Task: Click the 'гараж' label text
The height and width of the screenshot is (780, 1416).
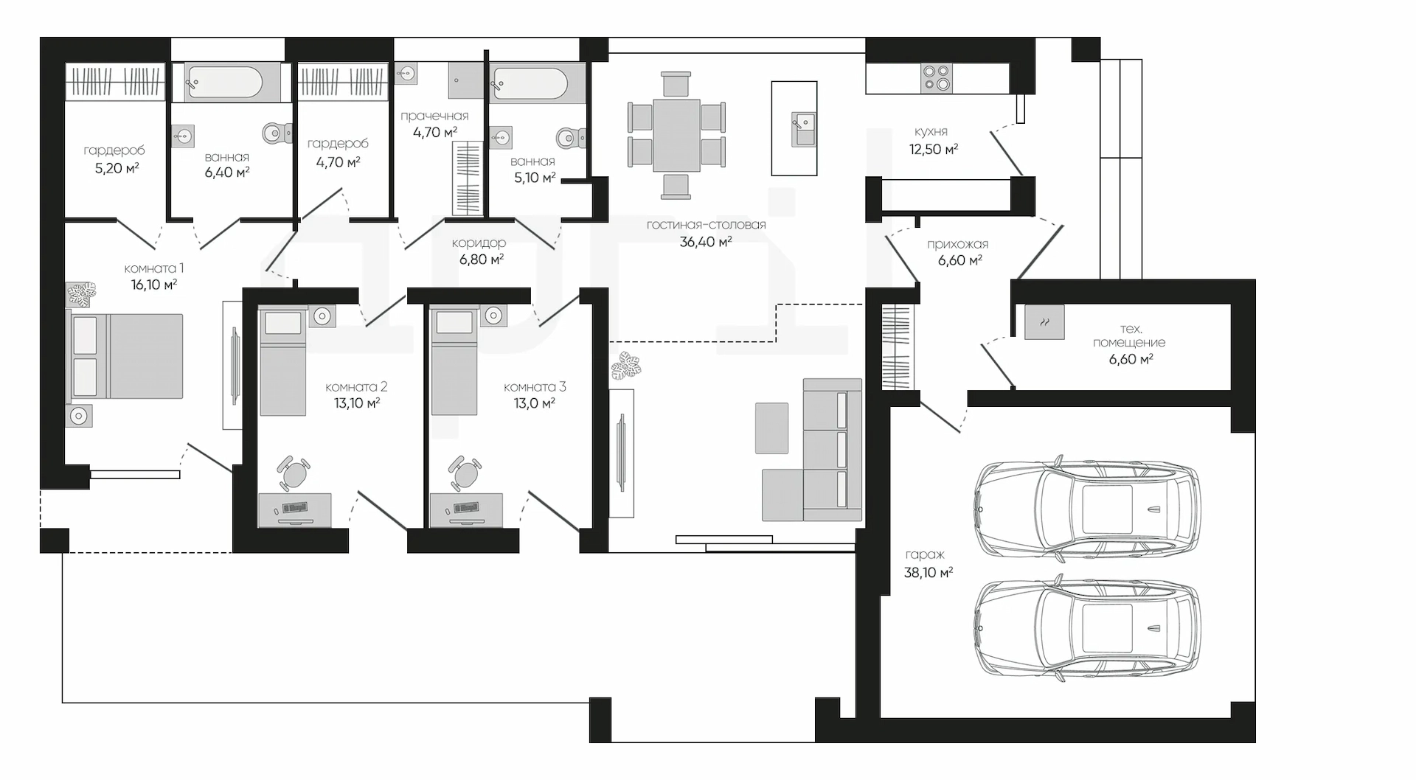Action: [924, 554]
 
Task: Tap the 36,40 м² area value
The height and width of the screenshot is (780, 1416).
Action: [706, 241]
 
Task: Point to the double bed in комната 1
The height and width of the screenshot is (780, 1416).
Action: [125, 356]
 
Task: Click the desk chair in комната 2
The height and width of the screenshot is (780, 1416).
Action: [294, 473]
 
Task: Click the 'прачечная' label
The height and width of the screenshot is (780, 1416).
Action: [434, 116]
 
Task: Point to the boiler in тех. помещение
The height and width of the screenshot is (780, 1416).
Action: [1044, 321]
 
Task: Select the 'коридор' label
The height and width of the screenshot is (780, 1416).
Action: [479, 243]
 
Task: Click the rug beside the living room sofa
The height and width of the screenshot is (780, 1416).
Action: [771, 428]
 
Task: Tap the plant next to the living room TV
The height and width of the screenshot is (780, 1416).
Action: [626, 366]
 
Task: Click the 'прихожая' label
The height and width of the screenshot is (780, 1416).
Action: [957, 244]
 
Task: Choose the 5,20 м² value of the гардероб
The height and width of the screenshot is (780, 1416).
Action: [117, 167]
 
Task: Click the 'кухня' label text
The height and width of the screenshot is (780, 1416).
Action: [931, 131]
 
